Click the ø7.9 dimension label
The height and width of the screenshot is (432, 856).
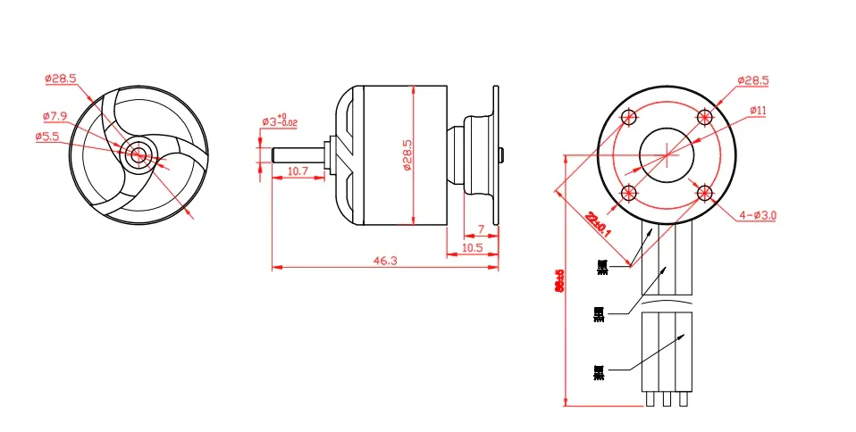click(55, 116)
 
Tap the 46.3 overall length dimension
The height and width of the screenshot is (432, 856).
click(385, 260)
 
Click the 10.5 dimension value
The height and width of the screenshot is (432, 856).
click(473, 247)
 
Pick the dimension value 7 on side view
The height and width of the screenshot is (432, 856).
click(482, 230)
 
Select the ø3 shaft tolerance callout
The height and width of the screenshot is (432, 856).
click(279, 120)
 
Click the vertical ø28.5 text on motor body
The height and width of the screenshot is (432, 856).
click(407, 155)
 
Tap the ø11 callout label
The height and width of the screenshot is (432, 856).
click(758, 110)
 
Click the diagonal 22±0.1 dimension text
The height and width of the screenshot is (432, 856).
click(599, 221)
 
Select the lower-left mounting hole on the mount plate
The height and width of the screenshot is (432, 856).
click(629, 192)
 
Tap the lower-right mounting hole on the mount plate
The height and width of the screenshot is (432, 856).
click(705, 192)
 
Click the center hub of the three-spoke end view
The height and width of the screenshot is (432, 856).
click(138, 154)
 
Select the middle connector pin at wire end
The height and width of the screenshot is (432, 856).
click(667, 400)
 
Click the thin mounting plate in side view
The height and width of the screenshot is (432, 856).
click(495, 154)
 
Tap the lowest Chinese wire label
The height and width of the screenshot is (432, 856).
click(599, 370)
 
